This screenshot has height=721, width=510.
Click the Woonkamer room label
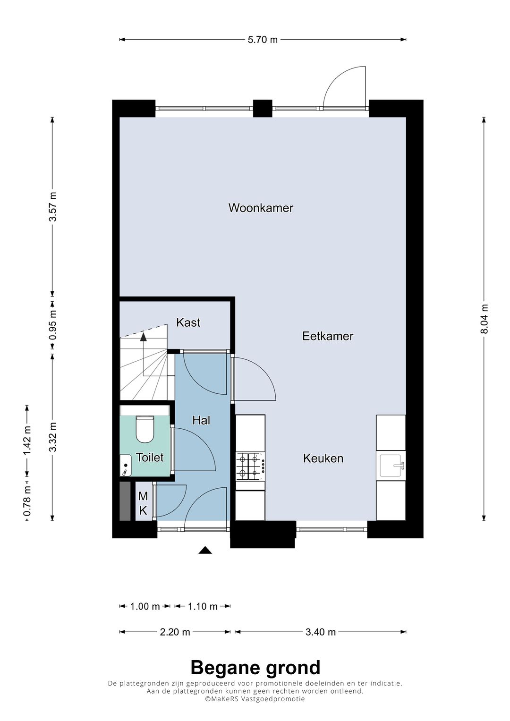261,208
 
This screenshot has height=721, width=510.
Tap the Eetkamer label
328,336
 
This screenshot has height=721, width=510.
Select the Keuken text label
323,458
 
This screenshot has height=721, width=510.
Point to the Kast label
188,322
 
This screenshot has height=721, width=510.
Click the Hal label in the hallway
201,420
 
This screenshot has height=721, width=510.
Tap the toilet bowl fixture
144,429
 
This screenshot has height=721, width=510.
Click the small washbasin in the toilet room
125,465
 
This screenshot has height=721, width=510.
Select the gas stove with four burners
250,465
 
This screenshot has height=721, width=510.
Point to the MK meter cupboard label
143,503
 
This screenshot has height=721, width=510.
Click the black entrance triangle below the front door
205,550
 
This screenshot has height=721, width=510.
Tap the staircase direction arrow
143,336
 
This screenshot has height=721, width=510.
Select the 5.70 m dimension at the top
263,40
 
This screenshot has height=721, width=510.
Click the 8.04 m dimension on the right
484,319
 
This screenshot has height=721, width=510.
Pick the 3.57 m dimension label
53,206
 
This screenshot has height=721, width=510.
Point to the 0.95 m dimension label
53,324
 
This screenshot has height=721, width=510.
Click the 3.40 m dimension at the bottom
321,632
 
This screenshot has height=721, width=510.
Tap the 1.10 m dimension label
203,606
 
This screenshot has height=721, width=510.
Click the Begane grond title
255,668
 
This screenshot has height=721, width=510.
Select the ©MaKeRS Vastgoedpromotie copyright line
255,699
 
